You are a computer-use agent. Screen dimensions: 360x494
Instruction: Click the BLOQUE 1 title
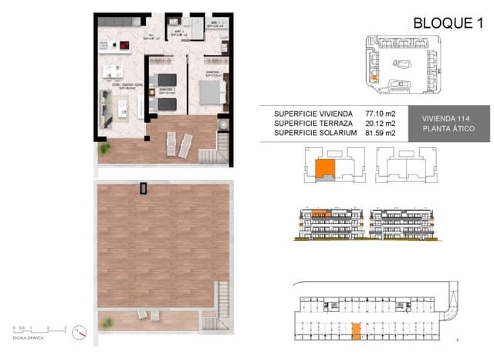coord(442,22)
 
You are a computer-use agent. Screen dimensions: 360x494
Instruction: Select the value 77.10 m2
coord(381,113)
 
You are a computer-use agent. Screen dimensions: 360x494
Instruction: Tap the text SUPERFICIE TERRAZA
coord(315,123)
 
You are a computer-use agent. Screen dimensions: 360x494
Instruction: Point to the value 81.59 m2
coord(381,133)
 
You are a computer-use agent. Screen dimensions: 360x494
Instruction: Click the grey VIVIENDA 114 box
coord(446,122)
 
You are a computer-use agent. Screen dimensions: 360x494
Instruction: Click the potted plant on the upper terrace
coord(223,124)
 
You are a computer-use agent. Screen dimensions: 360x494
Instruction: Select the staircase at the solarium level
coord(222,297)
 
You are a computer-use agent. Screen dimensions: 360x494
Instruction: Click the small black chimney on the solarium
coord(142,188)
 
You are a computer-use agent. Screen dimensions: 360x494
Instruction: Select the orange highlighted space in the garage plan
coord(355,331)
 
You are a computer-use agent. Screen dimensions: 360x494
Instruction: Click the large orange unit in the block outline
coord(327,168)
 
